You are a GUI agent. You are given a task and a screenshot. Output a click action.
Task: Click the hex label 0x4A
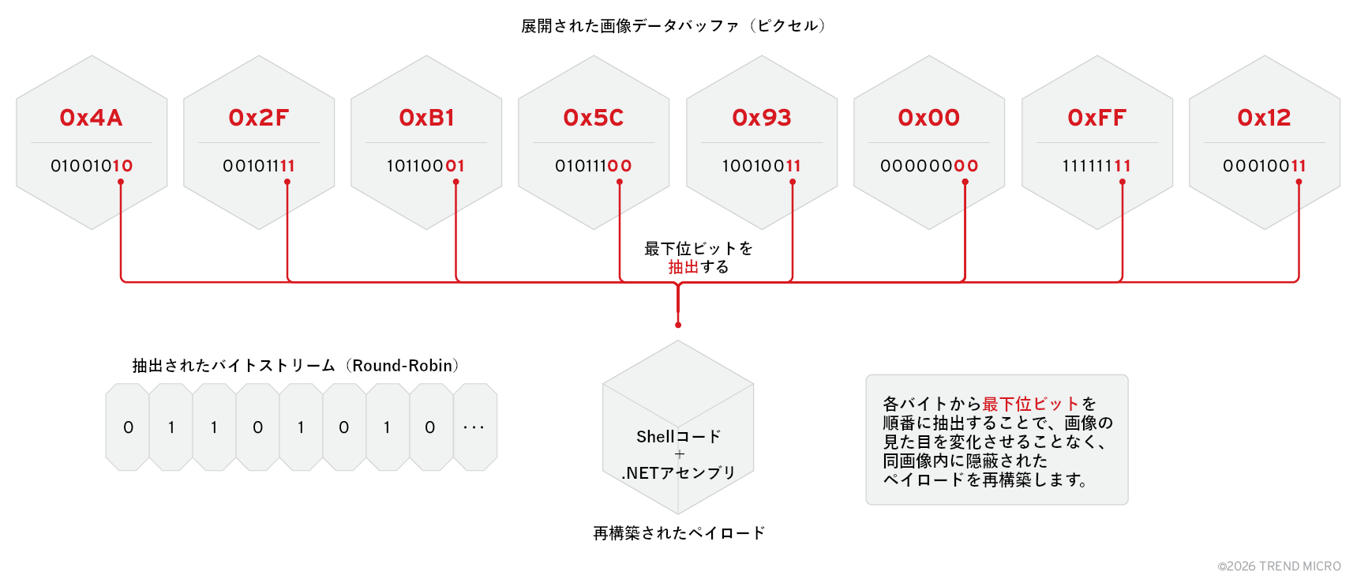coord(91,118)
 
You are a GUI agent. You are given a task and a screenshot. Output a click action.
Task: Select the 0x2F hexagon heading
coord(258,118)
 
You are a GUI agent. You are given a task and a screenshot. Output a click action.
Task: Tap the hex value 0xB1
coord(426,118)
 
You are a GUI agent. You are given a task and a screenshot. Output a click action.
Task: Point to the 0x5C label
coord(593,118)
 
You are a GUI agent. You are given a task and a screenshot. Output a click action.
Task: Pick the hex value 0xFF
coord(1096,118)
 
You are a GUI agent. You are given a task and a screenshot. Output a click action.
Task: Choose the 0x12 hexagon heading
coord(1264,118)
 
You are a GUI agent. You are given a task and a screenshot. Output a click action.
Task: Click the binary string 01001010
coord(92,166)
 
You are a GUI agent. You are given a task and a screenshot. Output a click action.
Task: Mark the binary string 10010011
coord(761,166)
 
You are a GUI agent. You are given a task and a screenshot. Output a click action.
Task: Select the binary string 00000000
coord(929,166)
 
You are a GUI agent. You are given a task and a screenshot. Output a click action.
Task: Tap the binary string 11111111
coord(1096,166)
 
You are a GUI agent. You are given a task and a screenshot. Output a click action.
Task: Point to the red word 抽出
coord(683,267)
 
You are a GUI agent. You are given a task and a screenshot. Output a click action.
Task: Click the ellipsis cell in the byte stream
coord(474,427)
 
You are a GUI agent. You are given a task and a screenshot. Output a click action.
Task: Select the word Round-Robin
coord(403,366)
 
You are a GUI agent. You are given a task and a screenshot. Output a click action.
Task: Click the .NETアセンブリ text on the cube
coord(679,472)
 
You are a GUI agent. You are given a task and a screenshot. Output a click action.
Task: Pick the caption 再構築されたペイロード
coord(679,533)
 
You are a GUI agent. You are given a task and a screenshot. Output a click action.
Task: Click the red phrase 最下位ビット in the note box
coord(1030,404)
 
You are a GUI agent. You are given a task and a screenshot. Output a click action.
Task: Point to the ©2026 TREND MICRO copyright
coord(1279,566)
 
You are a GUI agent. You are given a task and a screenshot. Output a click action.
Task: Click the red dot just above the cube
coord(678,325)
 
